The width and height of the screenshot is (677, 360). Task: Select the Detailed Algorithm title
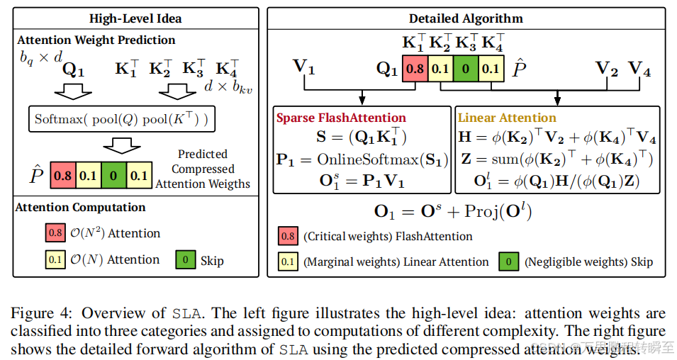(466, 18)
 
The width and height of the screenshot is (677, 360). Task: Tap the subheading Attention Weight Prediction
(96, 40)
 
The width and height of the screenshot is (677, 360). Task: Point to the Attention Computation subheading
(82, 208)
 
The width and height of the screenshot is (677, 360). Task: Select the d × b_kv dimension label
(229, 88)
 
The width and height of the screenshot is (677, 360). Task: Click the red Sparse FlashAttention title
(342, 118)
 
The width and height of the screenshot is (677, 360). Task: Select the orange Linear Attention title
(508, 118)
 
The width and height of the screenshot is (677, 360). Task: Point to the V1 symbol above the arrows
(304, 69)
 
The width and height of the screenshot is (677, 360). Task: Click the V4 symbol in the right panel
(640, 69)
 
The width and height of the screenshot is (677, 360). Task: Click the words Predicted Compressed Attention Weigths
(202, 169)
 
